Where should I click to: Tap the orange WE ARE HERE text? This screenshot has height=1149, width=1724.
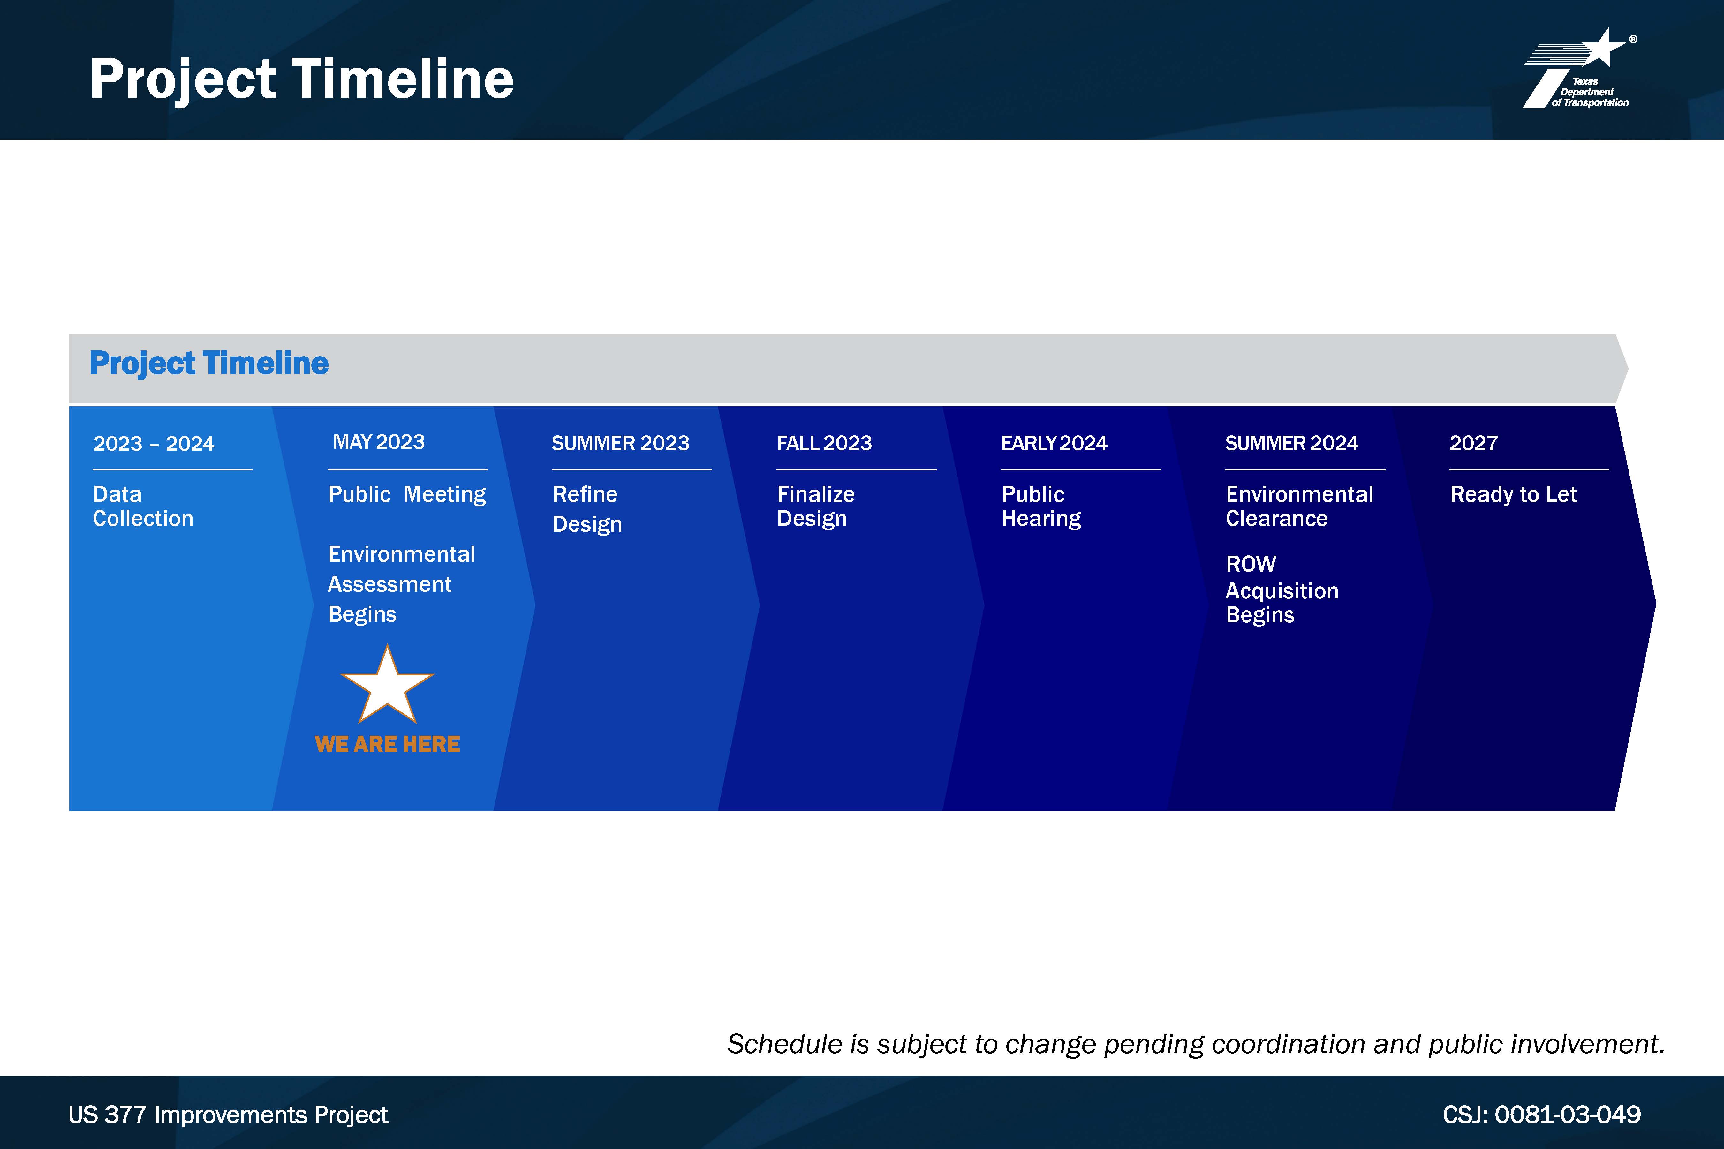tap(387, 745)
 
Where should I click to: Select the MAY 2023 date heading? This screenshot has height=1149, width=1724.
tap(379, 442)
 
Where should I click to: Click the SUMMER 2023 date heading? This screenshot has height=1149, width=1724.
tap(620, 443)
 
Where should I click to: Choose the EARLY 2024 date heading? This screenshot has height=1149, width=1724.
tap(1054, 443)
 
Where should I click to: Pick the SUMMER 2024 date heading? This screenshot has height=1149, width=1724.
tap(1291, 443)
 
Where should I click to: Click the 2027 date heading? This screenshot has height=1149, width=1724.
tap(1473, 443)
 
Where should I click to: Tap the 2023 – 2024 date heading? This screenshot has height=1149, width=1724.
tap(154, 443)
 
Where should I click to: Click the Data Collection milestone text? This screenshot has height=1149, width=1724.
tap(143, 506)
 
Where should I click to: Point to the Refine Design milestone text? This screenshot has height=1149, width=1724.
tap(587, 509)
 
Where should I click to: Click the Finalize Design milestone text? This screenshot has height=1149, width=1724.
tap(816, 506)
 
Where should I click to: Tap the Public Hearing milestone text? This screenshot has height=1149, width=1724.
tap(1041, 506)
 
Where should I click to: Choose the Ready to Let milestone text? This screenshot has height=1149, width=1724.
tap(1513, 495)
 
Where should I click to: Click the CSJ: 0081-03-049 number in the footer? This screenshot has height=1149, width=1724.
tap(1541, 1115)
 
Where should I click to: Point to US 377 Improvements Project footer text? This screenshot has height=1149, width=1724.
tap(228, 1115)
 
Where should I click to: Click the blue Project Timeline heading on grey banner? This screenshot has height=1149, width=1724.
tap(209, 364)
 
